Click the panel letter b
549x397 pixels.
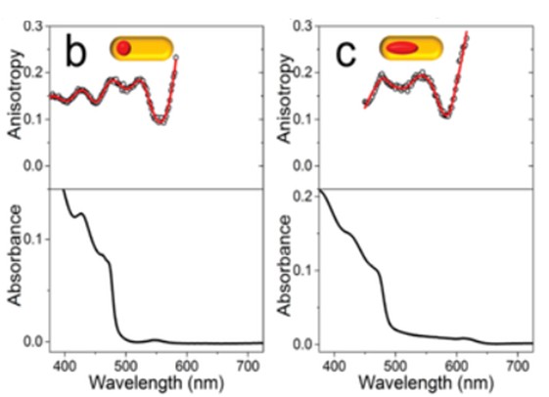(x=77, y=52)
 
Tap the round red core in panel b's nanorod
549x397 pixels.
(x=122, y=48)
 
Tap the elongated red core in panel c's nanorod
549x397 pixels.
(x=402, y=47)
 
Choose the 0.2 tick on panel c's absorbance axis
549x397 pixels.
(x=305, y=198)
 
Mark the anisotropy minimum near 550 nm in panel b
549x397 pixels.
(x=160, y=121)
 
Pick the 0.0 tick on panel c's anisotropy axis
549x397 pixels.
(x=305, y=165)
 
